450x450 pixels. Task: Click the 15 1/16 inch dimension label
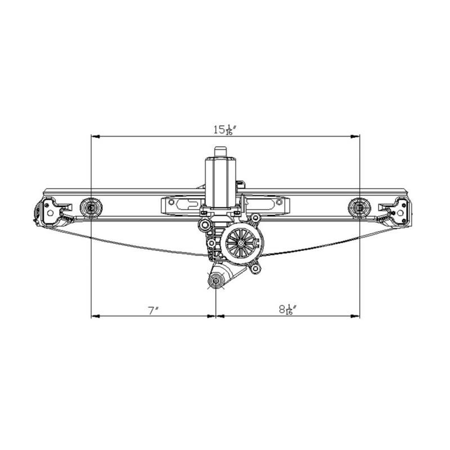(224, 130)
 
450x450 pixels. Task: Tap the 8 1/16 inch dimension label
(287, 309)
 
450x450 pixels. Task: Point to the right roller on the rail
(359, 206)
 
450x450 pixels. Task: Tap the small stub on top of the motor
(220, 152)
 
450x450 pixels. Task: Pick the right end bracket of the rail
(395, 212)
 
